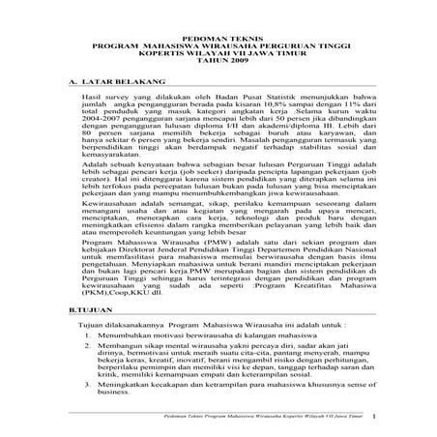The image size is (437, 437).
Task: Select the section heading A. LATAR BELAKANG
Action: [x=102, y=83]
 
